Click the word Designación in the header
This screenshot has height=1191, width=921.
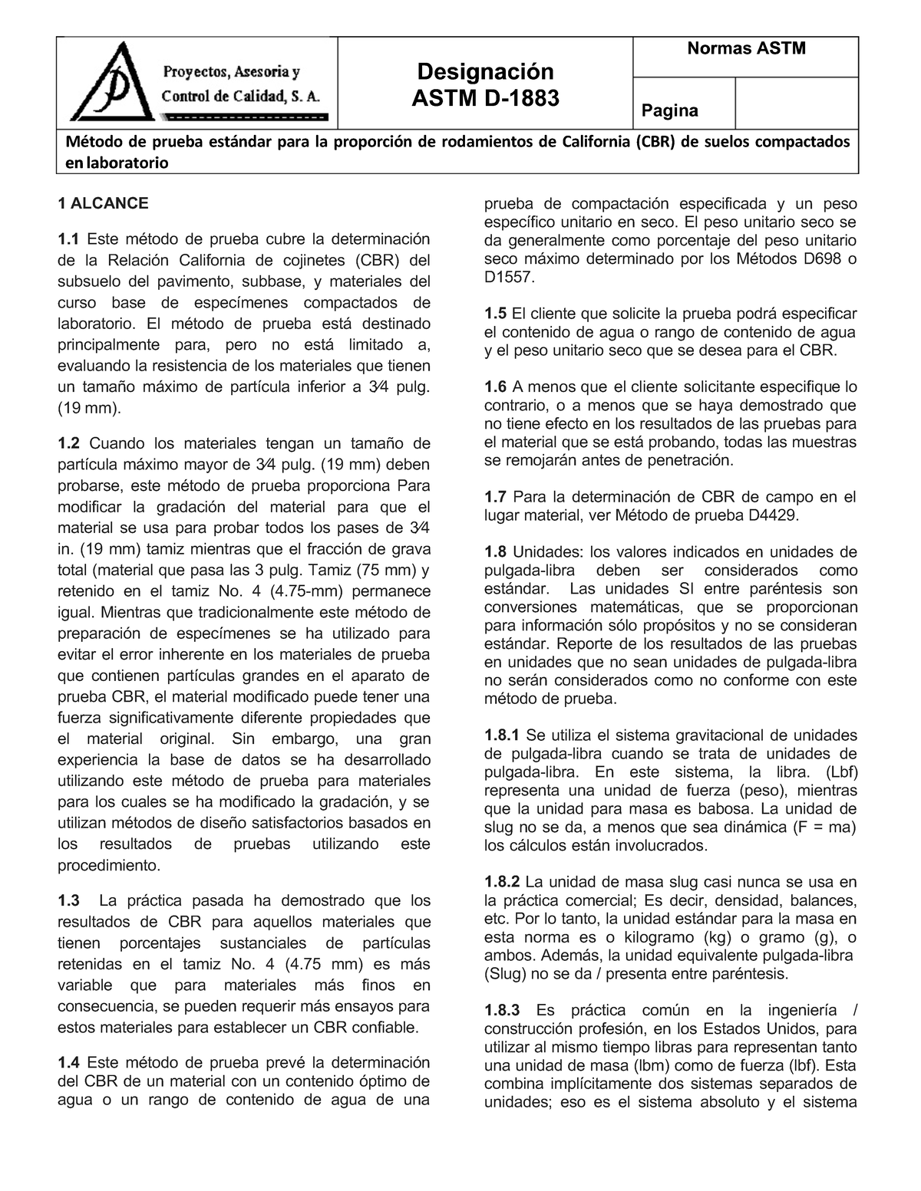[x=485, y=71]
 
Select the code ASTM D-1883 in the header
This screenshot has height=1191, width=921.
[x=485, y=98]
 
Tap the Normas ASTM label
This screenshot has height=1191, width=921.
[x=746, y=49]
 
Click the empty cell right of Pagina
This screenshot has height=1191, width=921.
[x=796, y=103]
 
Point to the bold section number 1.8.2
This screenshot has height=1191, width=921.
[x=502, y=882]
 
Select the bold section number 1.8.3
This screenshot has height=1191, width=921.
[x=502, y=1011]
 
